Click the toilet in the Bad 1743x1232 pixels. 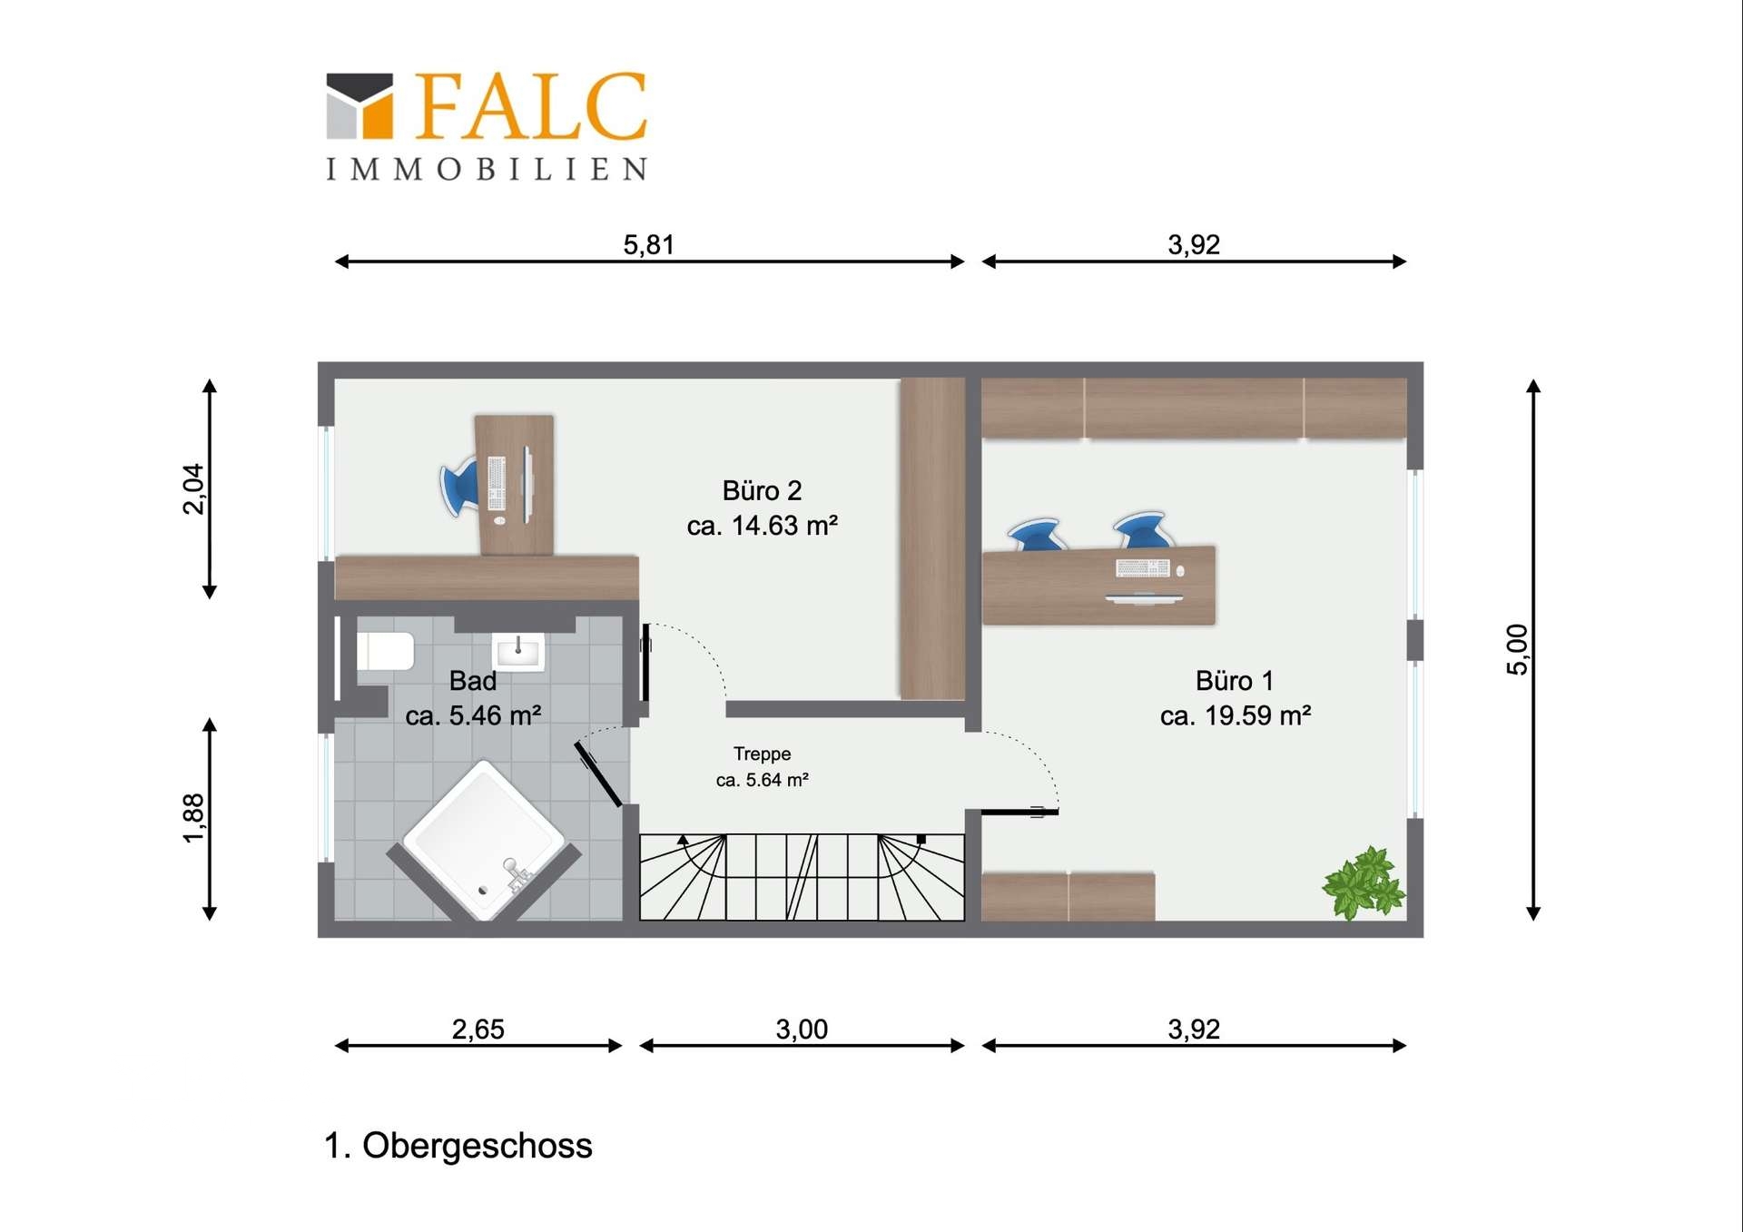[x=385, y=651]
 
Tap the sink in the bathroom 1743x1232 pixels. [x=518, y=651]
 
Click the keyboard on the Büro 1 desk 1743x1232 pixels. [x=1143, y=568]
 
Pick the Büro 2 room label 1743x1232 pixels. [x=763, y=491]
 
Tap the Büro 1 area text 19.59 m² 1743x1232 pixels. [x=1258, y=715]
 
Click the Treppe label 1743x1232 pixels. [x=763, y=754]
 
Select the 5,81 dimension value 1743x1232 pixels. [x=649, y=244]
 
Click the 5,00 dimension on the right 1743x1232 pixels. [x=1517, y=650]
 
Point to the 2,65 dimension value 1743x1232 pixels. [x=478, y=1029]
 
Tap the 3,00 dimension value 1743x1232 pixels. [x=802, y=1029]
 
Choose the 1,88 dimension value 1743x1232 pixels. [x=193, y=818]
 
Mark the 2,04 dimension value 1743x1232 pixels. [x=193, y=489]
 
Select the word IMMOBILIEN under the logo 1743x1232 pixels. [x=487, y=169]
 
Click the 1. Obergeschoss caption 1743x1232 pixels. [x=458, y=1146]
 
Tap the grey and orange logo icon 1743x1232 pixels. [x=359, y=105]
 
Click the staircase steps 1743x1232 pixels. [x=803, y=877]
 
